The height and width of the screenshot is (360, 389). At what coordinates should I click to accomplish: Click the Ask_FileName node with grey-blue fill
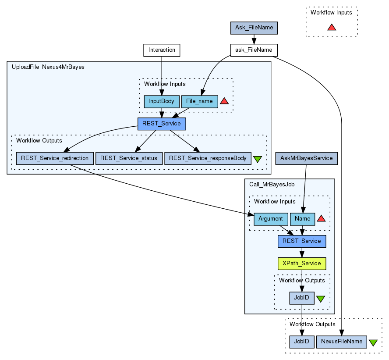click(x=254, y=28)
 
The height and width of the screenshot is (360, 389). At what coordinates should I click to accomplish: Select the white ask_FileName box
click(x=254, y=50)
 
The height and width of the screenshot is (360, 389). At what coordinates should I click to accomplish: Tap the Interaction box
click(x=162, y=50)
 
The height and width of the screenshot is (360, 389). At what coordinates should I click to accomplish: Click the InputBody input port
click(x=161, y=101)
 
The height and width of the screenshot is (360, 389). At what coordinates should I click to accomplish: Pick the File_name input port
click(x=199, y=101)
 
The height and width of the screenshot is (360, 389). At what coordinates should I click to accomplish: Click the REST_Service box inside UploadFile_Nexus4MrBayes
click(x=162, y=124)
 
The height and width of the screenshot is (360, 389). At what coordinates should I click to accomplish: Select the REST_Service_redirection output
click(x=55, y=158)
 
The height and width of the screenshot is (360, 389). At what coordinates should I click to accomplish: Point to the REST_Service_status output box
click(x=129, y=158)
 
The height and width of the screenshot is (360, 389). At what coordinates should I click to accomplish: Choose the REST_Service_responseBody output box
click(x=208, y=158)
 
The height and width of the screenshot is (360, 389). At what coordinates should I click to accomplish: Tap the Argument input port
click(x=270, y=218)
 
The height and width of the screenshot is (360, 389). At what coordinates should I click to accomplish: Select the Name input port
click(x=302, y=218)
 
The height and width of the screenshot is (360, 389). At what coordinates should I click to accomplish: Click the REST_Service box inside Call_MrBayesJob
click(x=301, y=241)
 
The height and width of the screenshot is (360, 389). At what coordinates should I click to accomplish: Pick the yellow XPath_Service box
click(x=301, y=263)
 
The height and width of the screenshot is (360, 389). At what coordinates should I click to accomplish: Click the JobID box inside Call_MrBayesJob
click(x=301, y=298)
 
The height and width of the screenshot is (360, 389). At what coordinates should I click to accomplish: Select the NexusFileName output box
click(x=342, y=342)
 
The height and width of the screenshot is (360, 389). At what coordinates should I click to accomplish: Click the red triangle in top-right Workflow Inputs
click(x=332, y=27)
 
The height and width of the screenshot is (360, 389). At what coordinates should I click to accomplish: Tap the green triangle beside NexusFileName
click(x=373, y=342)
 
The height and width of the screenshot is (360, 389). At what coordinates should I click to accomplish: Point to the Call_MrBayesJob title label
click(x=272, y=185)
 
